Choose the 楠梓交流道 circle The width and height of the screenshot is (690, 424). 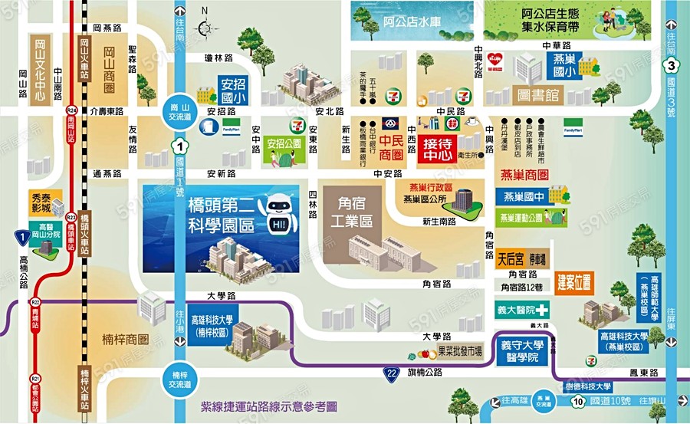point(178,377)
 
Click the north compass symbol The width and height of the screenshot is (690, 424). point(205,28)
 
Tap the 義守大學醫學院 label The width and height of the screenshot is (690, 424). point(525,351)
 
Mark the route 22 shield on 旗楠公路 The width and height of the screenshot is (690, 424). point(393,373)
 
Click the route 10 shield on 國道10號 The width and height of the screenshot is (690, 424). point(579,401)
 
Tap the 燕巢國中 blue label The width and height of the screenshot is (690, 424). point(524,196)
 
